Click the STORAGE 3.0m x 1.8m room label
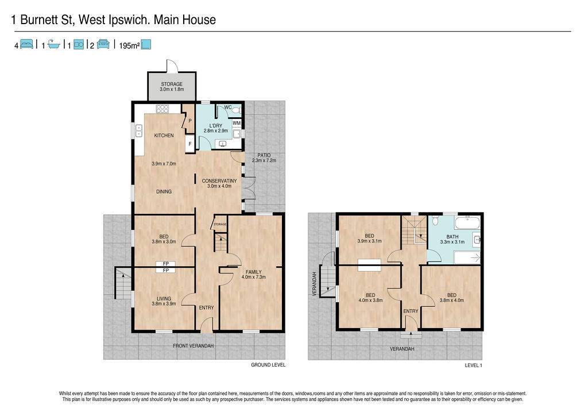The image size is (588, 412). point(172,87)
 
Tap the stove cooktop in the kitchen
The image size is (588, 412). point(163,109)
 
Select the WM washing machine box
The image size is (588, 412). point(237,123)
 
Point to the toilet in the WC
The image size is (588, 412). point(236,110)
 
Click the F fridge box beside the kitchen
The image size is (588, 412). point(190,144)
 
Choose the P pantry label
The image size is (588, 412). point(190,121)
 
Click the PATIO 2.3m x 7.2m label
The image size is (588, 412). point(264,157)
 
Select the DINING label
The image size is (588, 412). point(164,191)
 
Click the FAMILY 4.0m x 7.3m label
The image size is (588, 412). point(253,274)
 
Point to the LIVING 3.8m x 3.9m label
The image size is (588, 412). point(164,301)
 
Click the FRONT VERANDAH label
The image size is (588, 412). point(193,345)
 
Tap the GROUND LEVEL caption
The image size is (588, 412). point(268,365)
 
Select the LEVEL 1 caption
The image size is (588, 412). point(473,365)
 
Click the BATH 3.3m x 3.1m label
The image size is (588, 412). point(452,239)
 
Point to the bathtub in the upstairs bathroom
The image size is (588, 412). point(467,223)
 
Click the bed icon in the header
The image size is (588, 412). point(26,44)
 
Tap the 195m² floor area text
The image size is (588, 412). point(129,46)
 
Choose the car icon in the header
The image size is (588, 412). point(103,44)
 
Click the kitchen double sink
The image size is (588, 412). point(139,130)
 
